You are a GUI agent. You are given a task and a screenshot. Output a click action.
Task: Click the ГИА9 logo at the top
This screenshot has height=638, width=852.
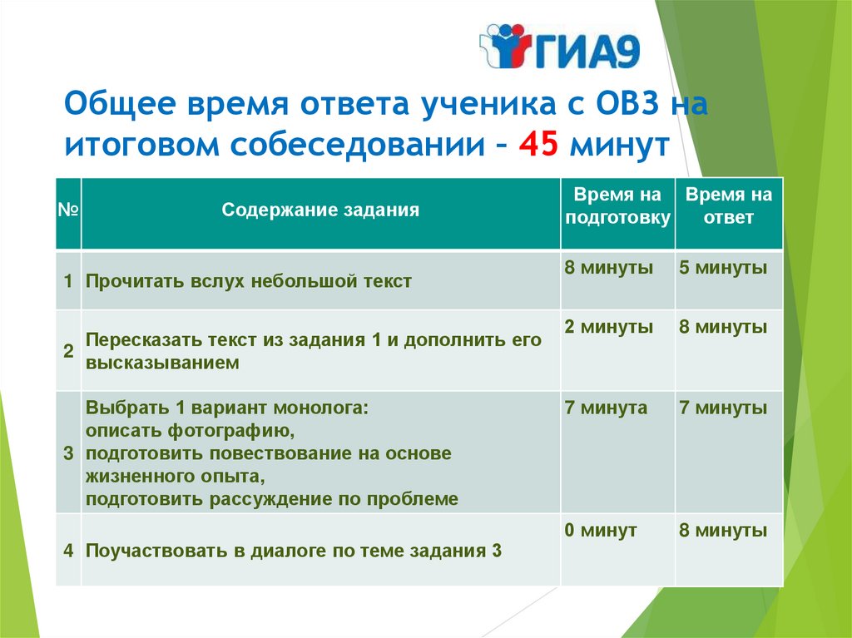tap(560, 47)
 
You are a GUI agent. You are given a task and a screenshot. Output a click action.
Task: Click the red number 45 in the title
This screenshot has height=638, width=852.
tap(538, 145)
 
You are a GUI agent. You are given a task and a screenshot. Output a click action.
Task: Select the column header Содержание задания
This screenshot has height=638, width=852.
tap(320, 210)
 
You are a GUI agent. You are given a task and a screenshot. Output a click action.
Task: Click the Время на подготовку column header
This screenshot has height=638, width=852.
tap(617, 206)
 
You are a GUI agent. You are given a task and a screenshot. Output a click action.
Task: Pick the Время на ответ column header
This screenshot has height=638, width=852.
tap(729, 206)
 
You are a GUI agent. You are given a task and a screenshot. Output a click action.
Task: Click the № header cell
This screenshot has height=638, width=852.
tap(68, 210)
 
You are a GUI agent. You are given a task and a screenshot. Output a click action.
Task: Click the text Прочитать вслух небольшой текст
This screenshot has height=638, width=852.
tap(248, 281)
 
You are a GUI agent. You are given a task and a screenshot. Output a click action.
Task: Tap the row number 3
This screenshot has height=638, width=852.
tap(68, 453)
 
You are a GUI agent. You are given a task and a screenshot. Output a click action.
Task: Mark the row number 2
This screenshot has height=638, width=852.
tap(68, 351)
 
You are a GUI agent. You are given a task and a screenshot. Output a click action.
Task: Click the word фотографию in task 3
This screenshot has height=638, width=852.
tap(231, 431)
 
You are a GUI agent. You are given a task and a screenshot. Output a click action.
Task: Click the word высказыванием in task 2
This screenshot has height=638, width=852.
tap(162, 363)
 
